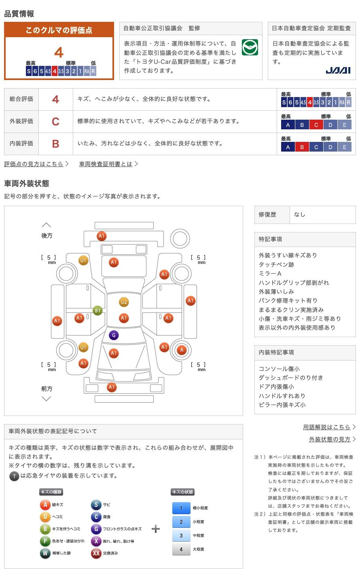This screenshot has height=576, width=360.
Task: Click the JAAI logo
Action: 338,70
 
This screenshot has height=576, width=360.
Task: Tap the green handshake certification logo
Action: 250,47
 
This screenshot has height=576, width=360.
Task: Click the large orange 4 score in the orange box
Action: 59,53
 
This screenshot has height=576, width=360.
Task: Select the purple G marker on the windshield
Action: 114,335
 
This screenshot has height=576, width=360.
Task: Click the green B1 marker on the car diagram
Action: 97,310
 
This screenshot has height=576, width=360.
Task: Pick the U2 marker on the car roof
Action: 124,302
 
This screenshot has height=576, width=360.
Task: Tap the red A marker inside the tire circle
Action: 182,350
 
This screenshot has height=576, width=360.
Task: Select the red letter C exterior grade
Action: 55,121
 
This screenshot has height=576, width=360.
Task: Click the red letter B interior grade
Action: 55,144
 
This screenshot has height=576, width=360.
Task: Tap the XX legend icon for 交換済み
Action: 96,553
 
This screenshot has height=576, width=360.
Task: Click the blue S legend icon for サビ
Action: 96,504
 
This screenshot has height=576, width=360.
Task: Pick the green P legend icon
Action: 45,541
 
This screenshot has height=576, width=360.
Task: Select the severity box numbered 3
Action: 181,535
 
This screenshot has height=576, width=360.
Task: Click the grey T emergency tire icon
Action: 15,476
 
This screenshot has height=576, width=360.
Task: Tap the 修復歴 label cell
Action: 272,215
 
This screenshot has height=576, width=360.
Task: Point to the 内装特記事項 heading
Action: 276,352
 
